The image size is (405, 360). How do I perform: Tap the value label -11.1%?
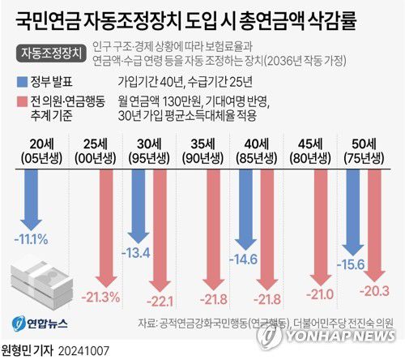click(x=34, y=239)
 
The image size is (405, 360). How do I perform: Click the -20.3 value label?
click(x=378, y=290)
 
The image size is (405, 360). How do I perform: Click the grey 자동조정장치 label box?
click(x=50, y=53)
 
